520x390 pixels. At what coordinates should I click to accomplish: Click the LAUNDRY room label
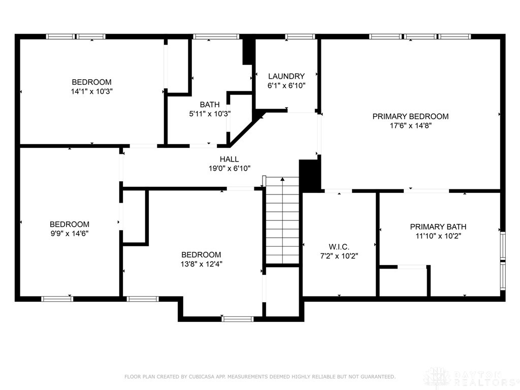286,76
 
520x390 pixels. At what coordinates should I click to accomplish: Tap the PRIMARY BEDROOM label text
410,116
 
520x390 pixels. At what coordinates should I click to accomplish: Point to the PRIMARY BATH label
438,226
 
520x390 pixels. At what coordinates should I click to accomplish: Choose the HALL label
229,159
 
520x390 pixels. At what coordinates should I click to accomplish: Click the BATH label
210,105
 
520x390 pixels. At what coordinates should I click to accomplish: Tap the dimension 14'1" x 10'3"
91,91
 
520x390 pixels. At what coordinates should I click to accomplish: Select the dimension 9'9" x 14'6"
69,234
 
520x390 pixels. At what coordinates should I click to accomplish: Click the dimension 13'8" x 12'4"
202,264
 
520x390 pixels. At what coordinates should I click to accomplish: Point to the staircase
282,221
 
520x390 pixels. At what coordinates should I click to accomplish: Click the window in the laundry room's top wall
300,37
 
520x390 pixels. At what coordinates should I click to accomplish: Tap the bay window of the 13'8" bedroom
238,319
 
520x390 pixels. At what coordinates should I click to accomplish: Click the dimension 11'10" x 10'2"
438,236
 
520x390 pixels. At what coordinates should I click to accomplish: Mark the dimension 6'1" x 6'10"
286,85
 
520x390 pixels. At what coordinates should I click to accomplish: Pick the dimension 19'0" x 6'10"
229,168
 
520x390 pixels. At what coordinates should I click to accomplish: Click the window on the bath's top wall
216,37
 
